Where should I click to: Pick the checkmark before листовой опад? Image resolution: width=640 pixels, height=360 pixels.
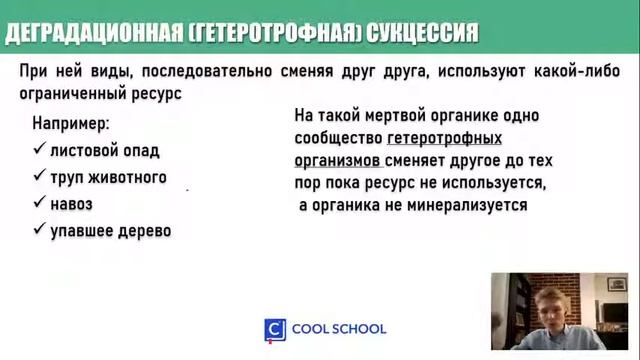click(39, 150)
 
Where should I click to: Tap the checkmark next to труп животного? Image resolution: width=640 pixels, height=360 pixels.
click(39, 177)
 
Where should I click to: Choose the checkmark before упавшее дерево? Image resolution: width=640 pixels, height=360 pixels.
click(39, 230)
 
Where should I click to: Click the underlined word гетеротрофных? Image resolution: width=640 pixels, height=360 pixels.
click(444, 138)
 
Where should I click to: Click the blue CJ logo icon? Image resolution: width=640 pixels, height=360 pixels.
click(274, 329)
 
